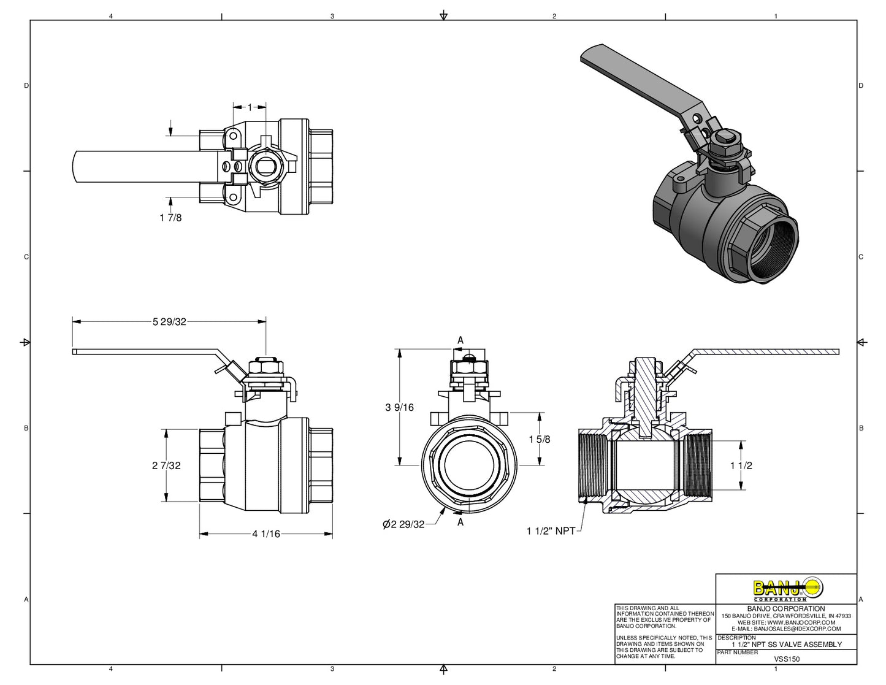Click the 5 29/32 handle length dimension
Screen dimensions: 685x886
tap(169, 321)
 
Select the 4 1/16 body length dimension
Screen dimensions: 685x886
tap(266, 534)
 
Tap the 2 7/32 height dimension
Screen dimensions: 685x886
tap(167, 465)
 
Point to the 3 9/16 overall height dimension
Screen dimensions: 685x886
tap(400, 407)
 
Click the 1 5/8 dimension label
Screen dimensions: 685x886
tap(540, 439)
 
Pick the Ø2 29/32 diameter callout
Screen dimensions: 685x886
tap(403, 524)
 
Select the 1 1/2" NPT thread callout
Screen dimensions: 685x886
tap(551, 531)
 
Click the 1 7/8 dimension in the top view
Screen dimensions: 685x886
tap(170, 218)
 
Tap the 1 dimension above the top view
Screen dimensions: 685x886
tap(250, 107)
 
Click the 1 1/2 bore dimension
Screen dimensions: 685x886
tap(741, 465)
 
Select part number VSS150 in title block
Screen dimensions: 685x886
tap(787, 659)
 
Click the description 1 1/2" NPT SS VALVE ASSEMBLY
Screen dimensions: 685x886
tap(787, 645)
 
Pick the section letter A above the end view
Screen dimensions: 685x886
tap(460, 340)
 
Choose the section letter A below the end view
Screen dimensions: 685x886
tap(460, 522)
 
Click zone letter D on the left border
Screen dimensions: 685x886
tap(26, 86)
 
